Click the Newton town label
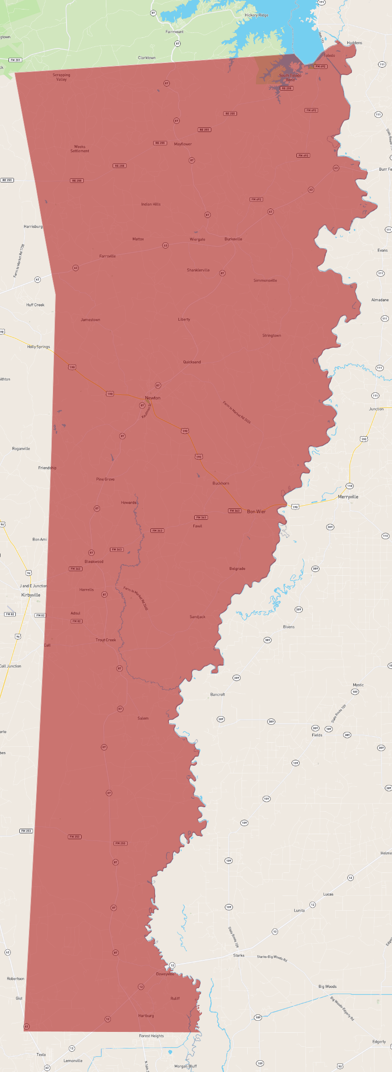pos(152,398)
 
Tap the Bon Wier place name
pos(256,511)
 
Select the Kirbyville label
pos(31,595)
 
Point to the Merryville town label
pos(348,497)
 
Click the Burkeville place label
pos(233,239)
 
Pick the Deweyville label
pos(165,974)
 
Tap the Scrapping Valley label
pos(61,77)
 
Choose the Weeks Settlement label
pos(80,149)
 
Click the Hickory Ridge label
pos(256,15)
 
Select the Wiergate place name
pos(197,240)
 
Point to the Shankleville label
pos(198,270)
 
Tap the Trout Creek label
pos(105,640)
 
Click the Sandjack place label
pos(197,617)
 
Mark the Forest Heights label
pos(151,1036)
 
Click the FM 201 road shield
pos(15,60)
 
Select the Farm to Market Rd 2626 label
pos(237,412)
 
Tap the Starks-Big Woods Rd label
pos(272,958)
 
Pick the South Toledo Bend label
pos(290,77)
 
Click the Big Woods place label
pos(327,986)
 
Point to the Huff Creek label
pos(35,305)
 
